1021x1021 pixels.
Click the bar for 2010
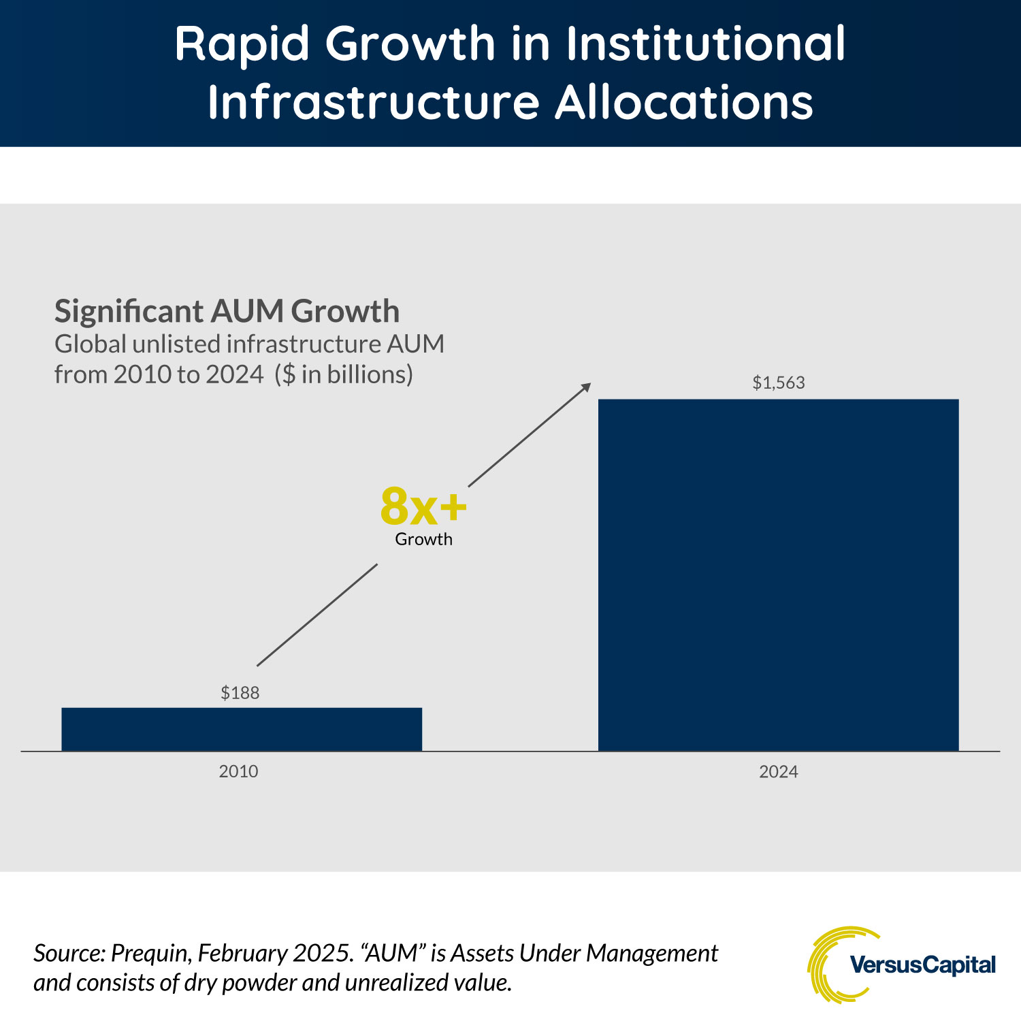tap(242, 729)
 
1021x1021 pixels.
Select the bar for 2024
tap(778, 575)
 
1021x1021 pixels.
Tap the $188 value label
tap(240, 693)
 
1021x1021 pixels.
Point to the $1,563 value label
tap(779, 383)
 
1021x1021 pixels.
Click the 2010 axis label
tap(238, 771)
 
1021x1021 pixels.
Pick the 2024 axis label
tap(779, 771)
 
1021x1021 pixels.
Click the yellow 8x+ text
tap(423, 507)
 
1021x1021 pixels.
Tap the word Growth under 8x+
tap(423, 539)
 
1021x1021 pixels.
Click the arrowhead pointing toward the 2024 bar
tap(585, 388)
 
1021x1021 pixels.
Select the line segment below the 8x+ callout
tap(317, 615)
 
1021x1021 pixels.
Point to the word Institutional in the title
tap(706, 44)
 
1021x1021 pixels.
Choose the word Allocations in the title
tap(684, 103)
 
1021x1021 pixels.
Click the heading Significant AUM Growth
tap(227, 311)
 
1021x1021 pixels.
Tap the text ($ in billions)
tap(344, 374)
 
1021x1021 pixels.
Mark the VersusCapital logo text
tap(922, 965)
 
